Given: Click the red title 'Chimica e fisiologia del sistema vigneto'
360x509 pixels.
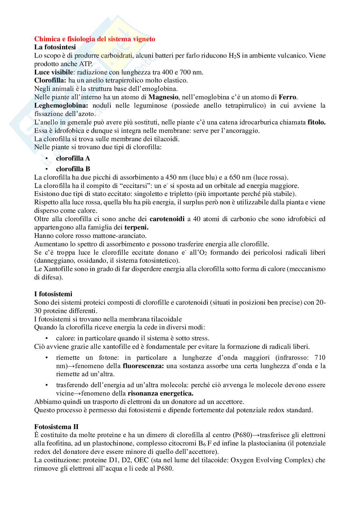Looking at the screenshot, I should coord(95,39).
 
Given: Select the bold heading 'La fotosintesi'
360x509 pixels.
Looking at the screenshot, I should coord(55,47).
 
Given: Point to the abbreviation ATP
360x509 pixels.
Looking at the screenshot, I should coord(82,64).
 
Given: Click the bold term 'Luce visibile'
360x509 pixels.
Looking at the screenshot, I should coord(54,72).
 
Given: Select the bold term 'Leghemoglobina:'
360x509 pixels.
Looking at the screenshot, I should coord(61,105).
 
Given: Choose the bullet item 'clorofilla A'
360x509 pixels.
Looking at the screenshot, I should coord(73,158).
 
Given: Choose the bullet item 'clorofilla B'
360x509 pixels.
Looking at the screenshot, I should coord(73,169).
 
